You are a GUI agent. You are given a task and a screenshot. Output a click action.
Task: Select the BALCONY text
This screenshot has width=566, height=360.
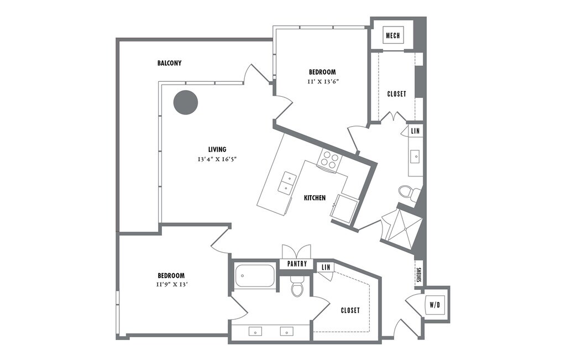pos(169,63)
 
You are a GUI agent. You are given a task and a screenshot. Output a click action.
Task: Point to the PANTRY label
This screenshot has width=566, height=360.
pos(296,264)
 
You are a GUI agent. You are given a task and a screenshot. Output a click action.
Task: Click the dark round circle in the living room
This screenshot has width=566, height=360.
pos(186,102)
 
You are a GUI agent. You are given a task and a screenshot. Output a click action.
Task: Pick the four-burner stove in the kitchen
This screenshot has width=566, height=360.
pos(329,160)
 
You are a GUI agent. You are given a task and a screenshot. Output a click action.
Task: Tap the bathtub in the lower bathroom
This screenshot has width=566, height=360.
pos(255,276)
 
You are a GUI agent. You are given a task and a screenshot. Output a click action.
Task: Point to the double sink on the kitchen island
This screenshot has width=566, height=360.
pos(287,183)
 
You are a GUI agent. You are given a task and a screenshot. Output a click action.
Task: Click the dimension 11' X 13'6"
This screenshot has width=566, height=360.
pos(323,81)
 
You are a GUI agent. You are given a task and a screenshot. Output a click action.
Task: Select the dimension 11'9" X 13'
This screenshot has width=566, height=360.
pos(171,285)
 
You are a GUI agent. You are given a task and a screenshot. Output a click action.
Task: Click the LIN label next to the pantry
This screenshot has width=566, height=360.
pos(326,267)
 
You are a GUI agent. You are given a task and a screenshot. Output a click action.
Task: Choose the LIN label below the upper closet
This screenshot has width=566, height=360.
pos(416,131)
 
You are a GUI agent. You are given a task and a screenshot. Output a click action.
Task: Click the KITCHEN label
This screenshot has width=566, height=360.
pos(315,197)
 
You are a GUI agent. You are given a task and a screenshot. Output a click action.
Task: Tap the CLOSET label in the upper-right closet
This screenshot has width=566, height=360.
pos(396,94)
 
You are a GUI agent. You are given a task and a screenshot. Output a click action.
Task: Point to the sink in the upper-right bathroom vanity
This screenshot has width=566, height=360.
pos(416,156)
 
